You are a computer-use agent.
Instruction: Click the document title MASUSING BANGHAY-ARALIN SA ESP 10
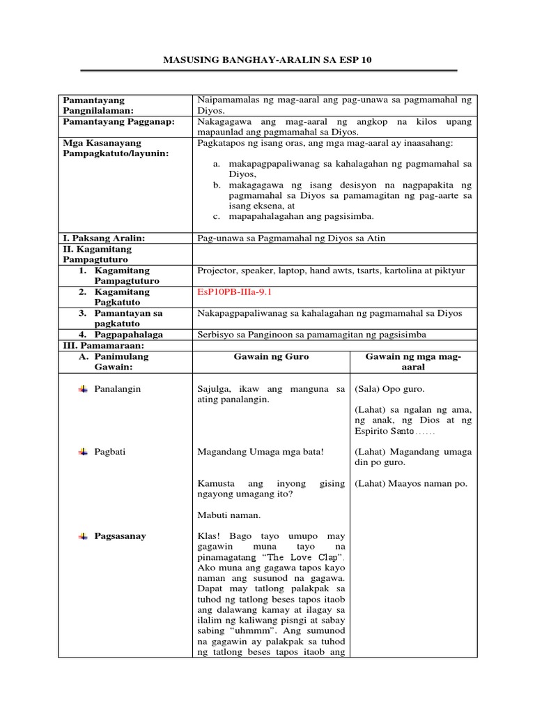267,61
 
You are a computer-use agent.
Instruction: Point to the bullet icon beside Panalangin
83,388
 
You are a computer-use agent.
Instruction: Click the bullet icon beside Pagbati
83,452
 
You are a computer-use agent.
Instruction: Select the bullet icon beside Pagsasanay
83,535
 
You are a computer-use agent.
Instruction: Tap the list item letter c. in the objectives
217,216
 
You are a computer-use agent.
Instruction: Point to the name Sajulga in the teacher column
214,388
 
